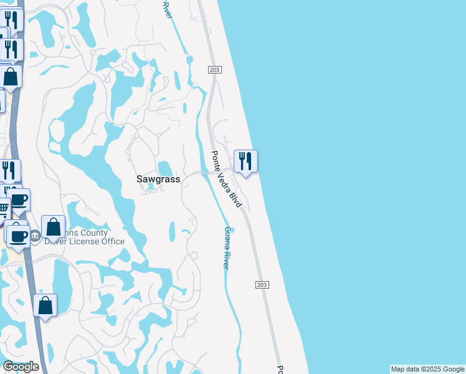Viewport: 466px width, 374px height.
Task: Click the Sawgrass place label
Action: [158, 179]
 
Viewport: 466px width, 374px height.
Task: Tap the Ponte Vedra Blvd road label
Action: [226, 179]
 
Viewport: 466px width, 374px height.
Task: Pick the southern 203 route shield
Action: [262, 284]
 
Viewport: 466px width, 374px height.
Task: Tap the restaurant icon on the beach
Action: [245, 161]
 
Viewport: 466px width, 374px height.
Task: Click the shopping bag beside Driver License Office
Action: [53, 227]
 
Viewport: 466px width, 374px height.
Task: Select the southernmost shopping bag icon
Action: [45, 305]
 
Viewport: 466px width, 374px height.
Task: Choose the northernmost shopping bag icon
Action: [11, 77]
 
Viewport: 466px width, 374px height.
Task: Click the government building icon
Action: [35, 236]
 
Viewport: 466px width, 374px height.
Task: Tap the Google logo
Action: [21, 367]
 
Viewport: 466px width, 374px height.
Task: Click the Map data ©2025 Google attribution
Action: [427, 369]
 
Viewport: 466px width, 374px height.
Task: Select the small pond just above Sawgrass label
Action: [165, 168]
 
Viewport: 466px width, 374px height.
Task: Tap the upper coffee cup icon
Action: [19, 199]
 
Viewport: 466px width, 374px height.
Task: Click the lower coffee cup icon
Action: [17, 235]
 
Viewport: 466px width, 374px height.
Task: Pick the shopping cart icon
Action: [3, 208]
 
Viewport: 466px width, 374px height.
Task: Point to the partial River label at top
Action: [166, 9]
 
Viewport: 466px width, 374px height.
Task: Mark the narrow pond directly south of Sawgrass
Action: [173, 233]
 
